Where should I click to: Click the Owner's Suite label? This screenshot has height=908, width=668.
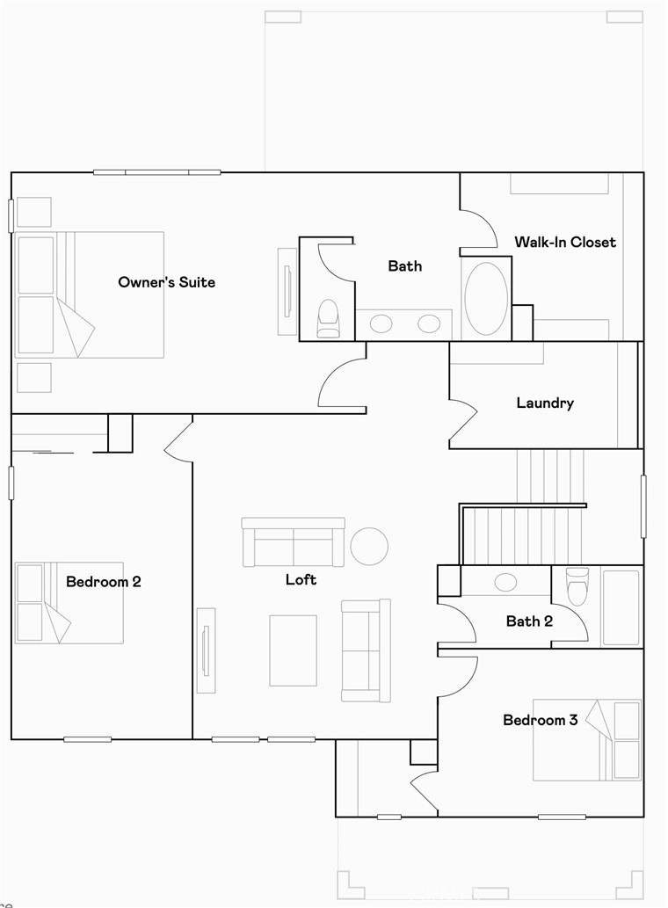pyautogui.click(x=166, y=282)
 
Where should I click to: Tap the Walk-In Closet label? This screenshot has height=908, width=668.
pyautogui.click(x=565, y=242)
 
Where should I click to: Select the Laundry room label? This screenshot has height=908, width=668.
pyautogui.click(x=545, y=403)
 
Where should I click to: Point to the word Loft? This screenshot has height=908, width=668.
pyautogui.click(x=301, y=579)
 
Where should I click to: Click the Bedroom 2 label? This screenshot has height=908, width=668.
pyautogui.click(x=104, y=581)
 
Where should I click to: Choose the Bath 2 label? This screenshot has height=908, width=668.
pyautogui.click(x=529, y=621)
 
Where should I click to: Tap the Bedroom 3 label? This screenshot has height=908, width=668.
pyautogui.click(x=540, y=720)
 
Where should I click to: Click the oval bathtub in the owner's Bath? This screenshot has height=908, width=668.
pyautogui.click(x=486, y=299)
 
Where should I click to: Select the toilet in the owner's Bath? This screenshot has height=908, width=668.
pyautogui.click(x=328, y=317)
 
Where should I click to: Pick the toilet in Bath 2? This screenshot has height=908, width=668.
pyautogui.click(x=577, y=585)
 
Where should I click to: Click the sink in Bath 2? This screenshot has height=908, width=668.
pyautogui.click(x=506, y=582)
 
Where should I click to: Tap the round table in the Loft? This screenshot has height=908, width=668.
pyautogui.click(x=369, y=546)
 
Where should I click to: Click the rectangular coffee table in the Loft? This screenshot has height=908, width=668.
pyautogui.click(x=293, y=650)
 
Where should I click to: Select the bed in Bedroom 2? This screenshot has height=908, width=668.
pyautogui.click(x=69, y=603)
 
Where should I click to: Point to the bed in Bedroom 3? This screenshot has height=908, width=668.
pyautogui.click(x=587, y=740)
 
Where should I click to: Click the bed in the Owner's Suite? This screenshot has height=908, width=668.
pyautogui.click(x=90, y=294)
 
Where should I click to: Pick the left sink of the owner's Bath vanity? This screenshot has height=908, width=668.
pyautogui.click(x=381, y=323)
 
